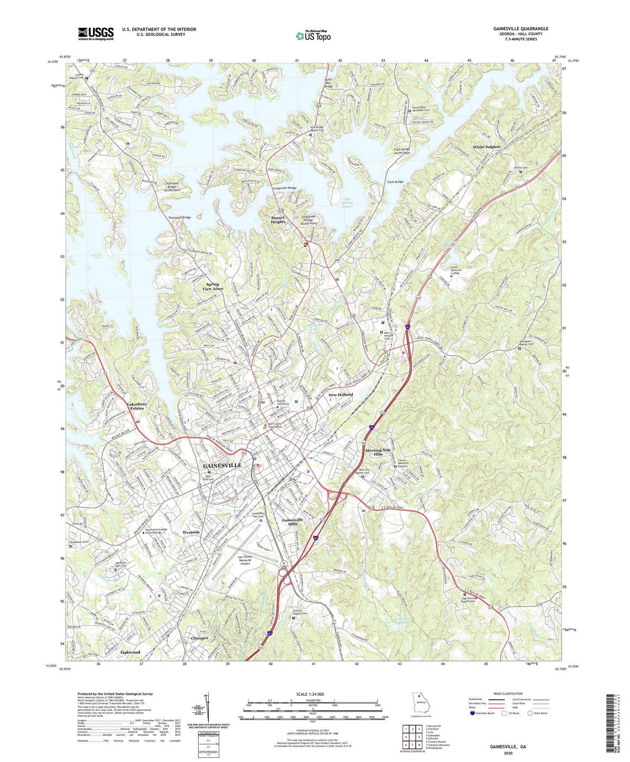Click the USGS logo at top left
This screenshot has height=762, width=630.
coord(96,34)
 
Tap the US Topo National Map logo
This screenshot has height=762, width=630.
coord(313,36)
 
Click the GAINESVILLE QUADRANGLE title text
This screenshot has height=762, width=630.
coord(521,29)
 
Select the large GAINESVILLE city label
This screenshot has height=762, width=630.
coord(222,466)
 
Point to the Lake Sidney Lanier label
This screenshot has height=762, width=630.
coord(347,203)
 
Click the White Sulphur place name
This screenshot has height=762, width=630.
coord(487,147)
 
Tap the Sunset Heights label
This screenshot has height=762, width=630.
coord(278,220)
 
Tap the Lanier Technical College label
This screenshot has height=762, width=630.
coord(456,270)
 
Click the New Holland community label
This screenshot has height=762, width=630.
coord(341,395)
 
